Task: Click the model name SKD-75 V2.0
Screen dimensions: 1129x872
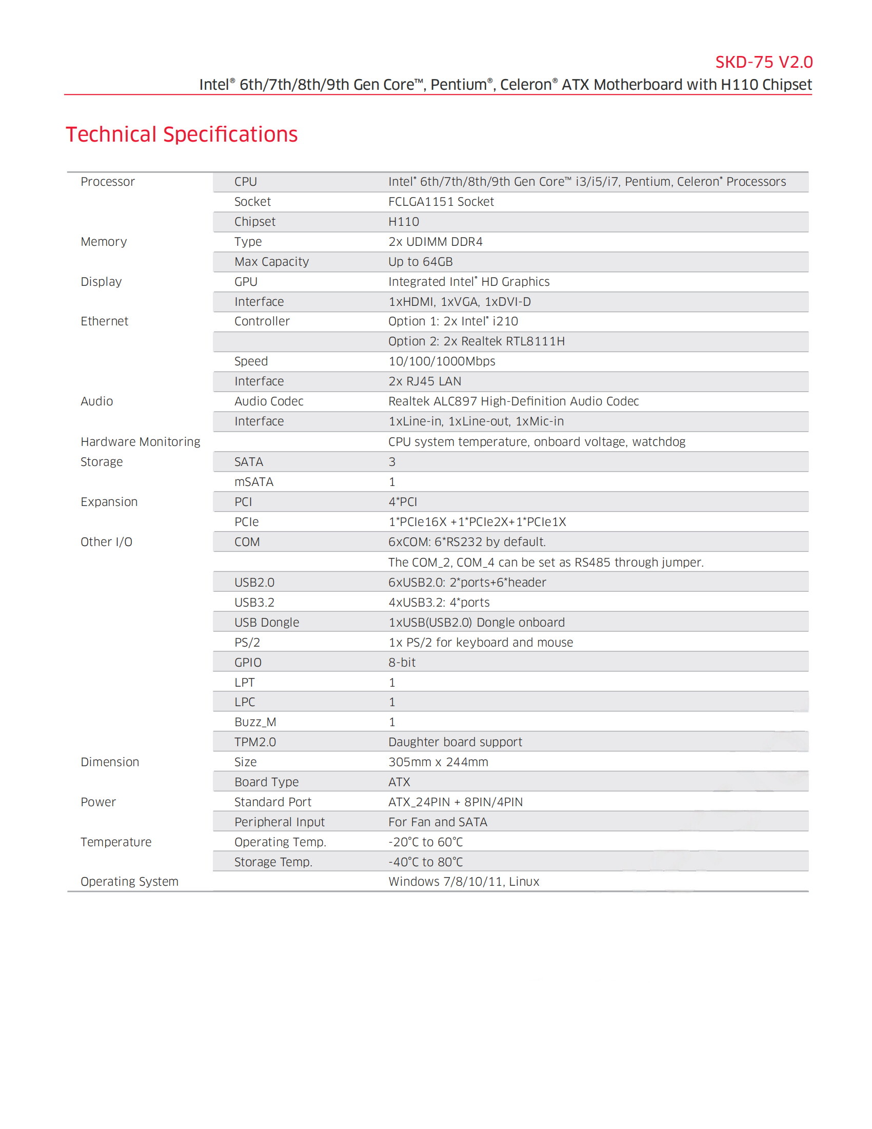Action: [764, 62]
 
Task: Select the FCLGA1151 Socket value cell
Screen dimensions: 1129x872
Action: [441, 202]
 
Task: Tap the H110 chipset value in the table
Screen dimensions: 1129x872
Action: [404, 222]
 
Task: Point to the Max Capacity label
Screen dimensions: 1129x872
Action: [271, 262]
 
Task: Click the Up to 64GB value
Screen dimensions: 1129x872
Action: [420, 262]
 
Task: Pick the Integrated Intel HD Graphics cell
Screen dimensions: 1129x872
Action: [468, 282]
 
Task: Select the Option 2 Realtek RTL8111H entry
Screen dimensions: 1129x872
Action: [477, 341]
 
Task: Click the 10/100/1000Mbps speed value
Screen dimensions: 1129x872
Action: [442, 361]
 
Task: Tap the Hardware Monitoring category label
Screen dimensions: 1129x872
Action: [140, 441]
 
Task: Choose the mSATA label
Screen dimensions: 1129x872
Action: [253, 482]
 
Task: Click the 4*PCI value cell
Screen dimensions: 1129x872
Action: [403, 502]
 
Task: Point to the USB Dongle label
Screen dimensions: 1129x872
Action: [267, 622]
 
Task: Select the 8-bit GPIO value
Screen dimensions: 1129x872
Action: [402, 662]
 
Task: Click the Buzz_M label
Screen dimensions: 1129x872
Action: [255, 722]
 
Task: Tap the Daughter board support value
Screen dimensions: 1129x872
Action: [455, 742]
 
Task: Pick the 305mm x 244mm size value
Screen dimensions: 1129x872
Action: [438, 762]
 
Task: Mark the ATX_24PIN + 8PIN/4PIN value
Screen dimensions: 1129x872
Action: [455, 802]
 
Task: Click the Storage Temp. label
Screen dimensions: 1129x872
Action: [273, 862]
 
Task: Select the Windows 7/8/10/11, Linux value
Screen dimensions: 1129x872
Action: [463, 881]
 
